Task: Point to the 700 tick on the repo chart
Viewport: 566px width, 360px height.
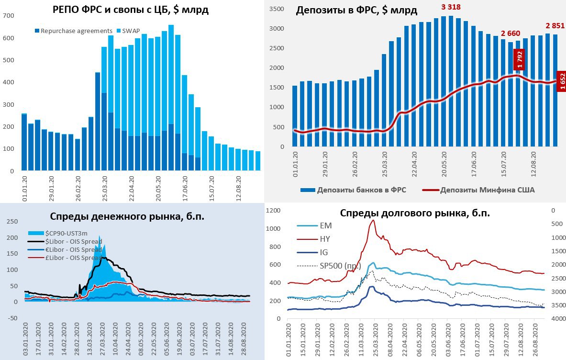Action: coord(9,16)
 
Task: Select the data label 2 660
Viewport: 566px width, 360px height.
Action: coord(511,33)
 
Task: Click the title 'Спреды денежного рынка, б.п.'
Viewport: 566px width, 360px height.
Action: coord(127,216)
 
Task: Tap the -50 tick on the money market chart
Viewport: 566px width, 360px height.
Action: coord(10,318)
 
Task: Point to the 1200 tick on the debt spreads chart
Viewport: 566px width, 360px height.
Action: coord(272,211)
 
